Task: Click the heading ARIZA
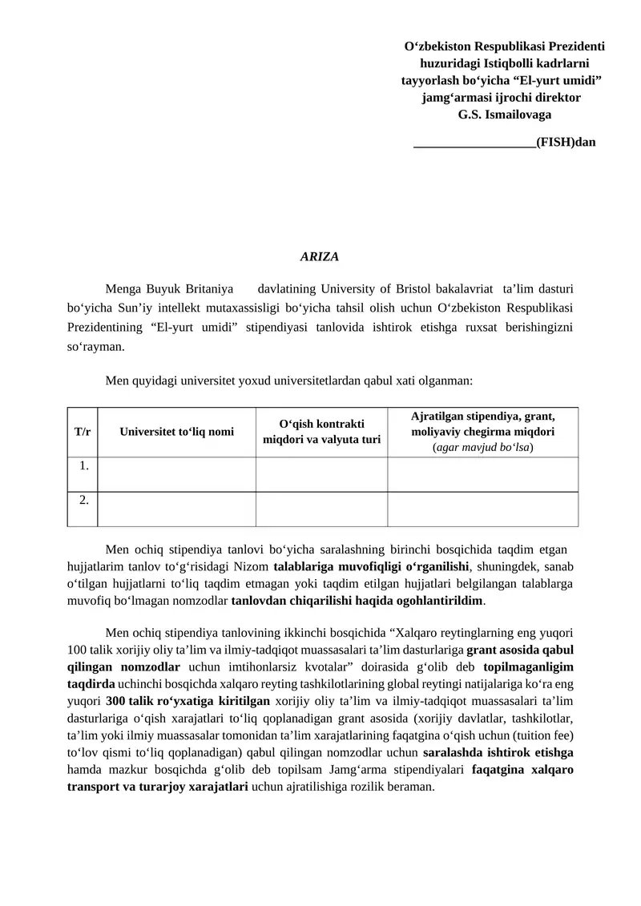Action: [x=320, y=256]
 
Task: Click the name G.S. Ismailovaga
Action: [x=504, y=115]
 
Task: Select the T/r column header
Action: [x=83, y=432]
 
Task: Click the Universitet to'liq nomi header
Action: [x=177, y=432]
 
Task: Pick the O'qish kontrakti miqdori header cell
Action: [x=322, y=432]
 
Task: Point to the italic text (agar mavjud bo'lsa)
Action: [x=483, y=447]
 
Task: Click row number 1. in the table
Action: [x=83, y=465]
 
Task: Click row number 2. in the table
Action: [x=83, y=500]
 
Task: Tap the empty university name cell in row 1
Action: [x=177, y=473]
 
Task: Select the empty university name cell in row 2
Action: [x=177, y=509]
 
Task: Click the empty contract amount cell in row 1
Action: [x=322, y=473]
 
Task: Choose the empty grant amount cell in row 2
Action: [x=483, y=509]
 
